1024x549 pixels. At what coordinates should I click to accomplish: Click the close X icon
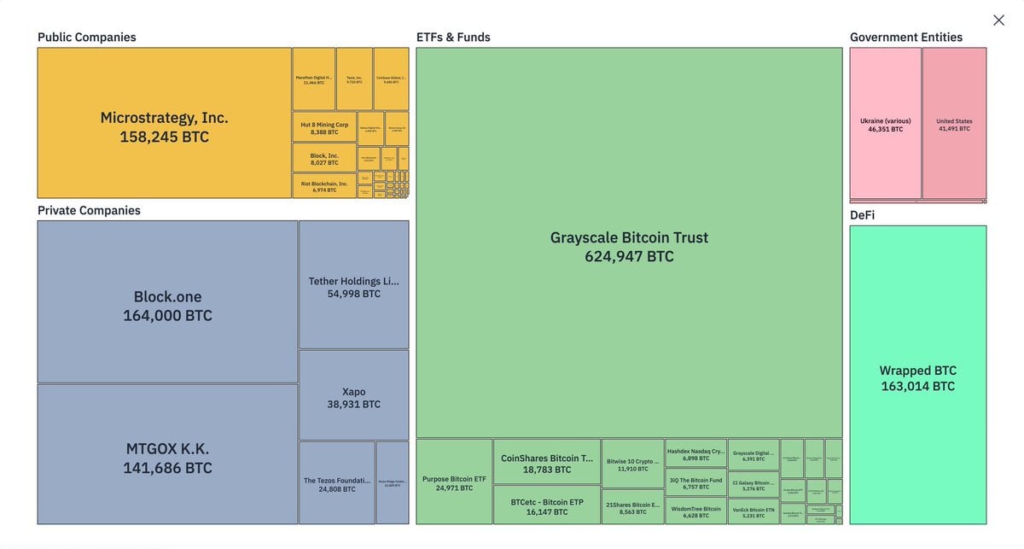pos(998,20)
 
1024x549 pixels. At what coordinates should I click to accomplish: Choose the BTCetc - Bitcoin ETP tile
pos(547,505)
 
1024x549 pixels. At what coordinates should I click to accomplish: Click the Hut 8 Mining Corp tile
pos(324,127)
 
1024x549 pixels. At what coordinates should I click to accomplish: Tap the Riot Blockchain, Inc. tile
pos(324,185)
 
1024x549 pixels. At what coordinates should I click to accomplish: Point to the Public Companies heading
pos(87,38)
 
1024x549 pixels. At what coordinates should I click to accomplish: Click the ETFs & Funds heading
pos(453,38)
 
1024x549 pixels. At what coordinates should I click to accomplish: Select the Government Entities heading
pos(905,38)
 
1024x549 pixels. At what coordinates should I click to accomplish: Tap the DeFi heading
pos(862,215)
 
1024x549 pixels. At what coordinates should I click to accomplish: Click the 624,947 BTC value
pos(629,256)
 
